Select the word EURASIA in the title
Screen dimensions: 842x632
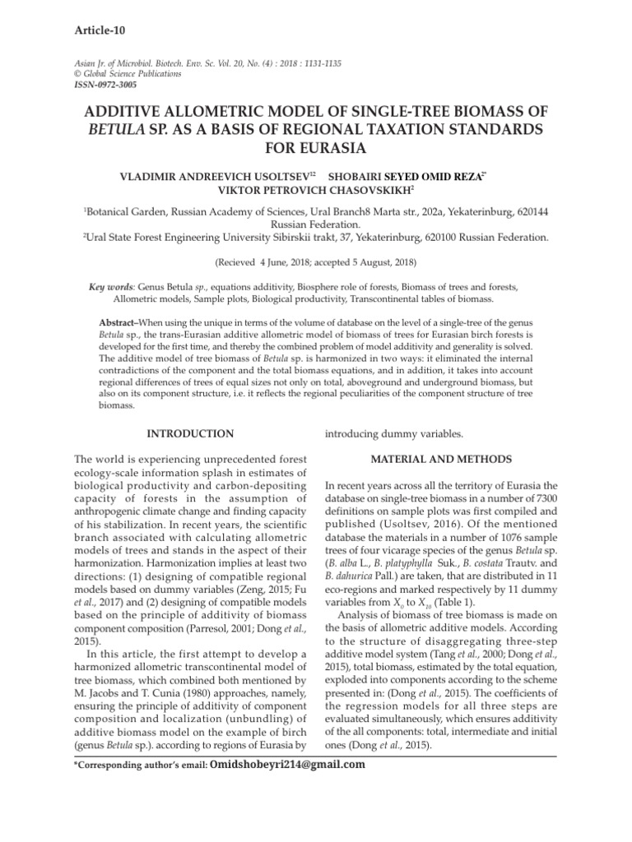[x=316, y=150]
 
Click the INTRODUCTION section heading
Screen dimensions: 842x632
[x=189, y=433]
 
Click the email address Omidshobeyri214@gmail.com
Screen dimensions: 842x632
[x=288, y=765]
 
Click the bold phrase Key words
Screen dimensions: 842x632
[x=111, y=287]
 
